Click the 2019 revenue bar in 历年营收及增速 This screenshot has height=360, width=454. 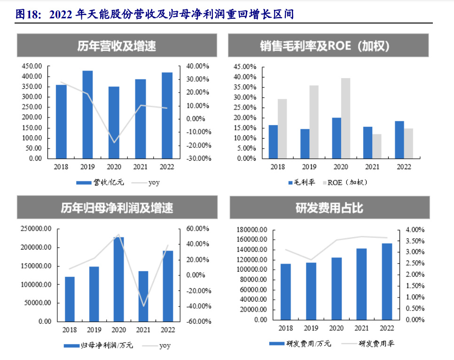(x=87, y=114)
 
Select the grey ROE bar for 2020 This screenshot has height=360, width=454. (x=345, y=118)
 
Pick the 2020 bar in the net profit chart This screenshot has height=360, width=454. (x=118, y=279)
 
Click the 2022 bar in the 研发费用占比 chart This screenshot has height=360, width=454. (x=387, y=281)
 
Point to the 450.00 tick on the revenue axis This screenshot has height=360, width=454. (x=32, y=66)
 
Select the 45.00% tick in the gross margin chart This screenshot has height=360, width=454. (x=244, y=66)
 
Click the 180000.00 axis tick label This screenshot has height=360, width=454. (x=250, y=230)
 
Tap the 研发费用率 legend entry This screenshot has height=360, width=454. (x=376, y=344)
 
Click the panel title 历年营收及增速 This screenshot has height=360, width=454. (x=117, y=46)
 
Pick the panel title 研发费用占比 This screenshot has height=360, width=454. (x=329, y=208)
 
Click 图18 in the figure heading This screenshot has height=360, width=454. (x=27, y=15)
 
